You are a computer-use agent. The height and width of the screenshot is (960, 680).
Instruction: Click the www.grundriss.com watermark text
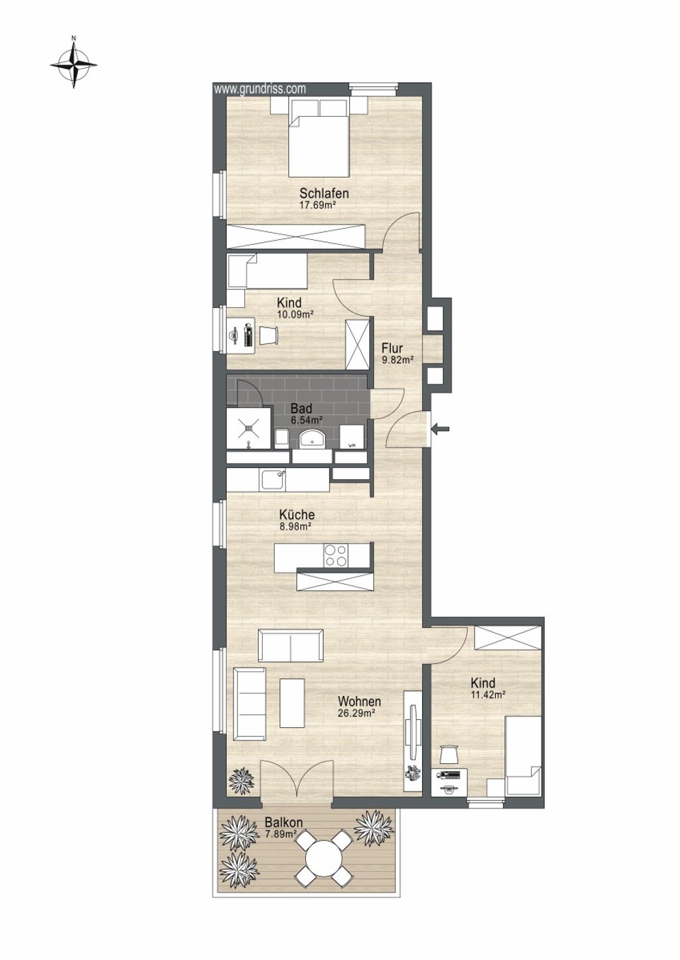coord(260,88)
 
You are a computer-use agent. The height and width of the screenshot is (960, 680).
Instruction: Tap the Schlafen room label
coord(324,193)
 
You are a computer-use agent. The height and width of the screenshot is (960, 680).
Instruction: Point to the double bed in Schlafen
coord(318,137)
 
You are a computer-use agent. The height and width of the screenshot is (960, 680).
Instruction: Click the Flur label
coord(392,348)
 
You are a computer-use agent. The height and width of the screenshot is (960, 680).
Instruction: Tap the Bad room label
coord(302,408)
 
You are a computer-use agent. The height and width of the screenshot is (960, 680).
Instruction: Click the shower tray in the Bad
coord(249,428)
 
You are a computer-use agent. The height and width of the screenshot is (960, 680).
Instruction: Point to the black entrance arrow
coord(441,428)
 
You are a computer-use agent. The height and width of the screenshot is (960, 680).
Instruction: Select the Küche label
coord(297,514)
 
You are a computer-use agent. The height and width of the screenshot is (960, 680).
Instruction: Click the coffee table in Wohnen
coord(293,703)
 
